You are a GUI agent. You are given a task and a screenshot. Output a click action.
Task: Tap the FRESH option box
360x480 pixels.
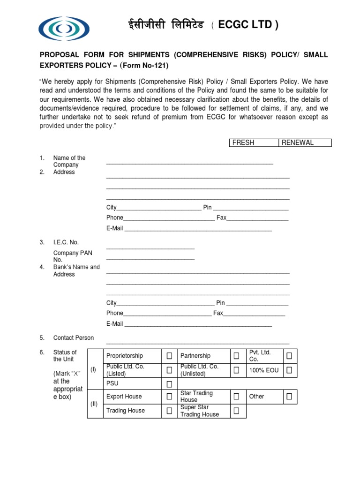(x=254, y=142)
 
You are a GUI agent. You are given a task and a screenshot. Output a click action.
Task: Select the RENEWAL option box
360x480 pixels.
(x=305, y=142)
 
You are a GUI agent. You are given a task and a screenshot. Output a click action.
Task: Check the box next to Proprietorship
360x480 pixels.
(x=169, y=356)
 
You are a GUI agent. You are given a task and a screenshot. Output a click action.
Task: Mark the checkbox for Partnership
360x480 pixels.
(x=237, y=356)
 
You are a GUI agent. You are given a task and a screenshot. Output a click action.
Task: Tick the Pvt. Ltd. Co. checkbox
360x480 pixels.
(x=289, y=356)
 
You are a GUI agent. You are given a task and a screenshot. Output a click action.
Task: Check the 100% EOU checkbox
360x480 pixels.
(x=289, y=370)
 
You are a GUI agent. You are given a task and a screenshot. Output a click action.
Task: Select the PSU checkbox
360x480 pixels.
(x=169, y=384)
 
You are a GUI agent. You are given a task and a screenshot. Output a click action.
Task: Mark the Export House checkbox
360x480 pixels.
(x=169, y=397)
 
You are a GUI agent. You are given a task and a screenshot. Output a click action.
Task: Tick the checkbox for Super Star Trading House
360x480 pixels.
(x=237, y=411)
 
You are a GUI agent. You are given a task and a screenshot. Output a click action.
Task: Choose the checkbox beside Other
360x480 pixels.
(x=289, y=397)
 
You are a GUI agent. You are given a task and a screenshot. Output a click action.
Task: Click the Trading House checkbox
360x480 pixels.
(x=169, y=411)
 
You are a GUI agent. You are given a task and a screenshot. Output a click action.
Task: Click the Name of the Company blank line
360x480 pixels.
(x=189, y=163)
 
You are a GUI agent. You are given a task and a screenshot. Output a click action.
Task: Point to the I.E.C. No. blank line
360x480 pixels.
(x=150, y=247)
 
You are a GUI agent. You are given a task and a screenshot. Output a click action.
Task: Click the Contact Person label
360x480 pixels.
(x=73, y=337)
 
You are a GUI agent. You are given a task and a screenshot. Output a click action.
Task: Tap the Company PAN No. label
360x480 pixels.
(x=72, y=256)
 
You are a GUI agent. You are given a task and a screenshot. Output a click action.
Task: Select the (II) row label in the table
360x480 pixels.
(x=95, y=404)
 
